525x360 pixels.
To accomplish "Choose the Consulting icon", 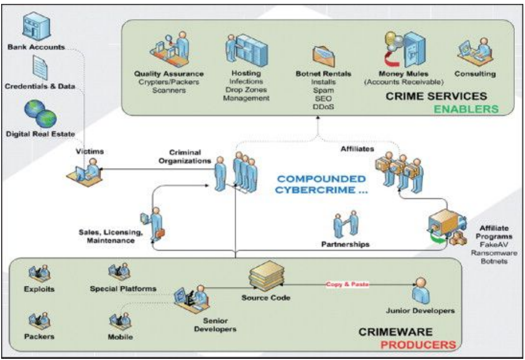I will (x=472, y=54).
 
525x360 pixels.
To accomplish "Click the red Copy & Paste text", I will (x=343, y=284).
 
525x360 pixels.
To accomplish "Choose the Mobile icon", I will (x=120, y=322).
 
